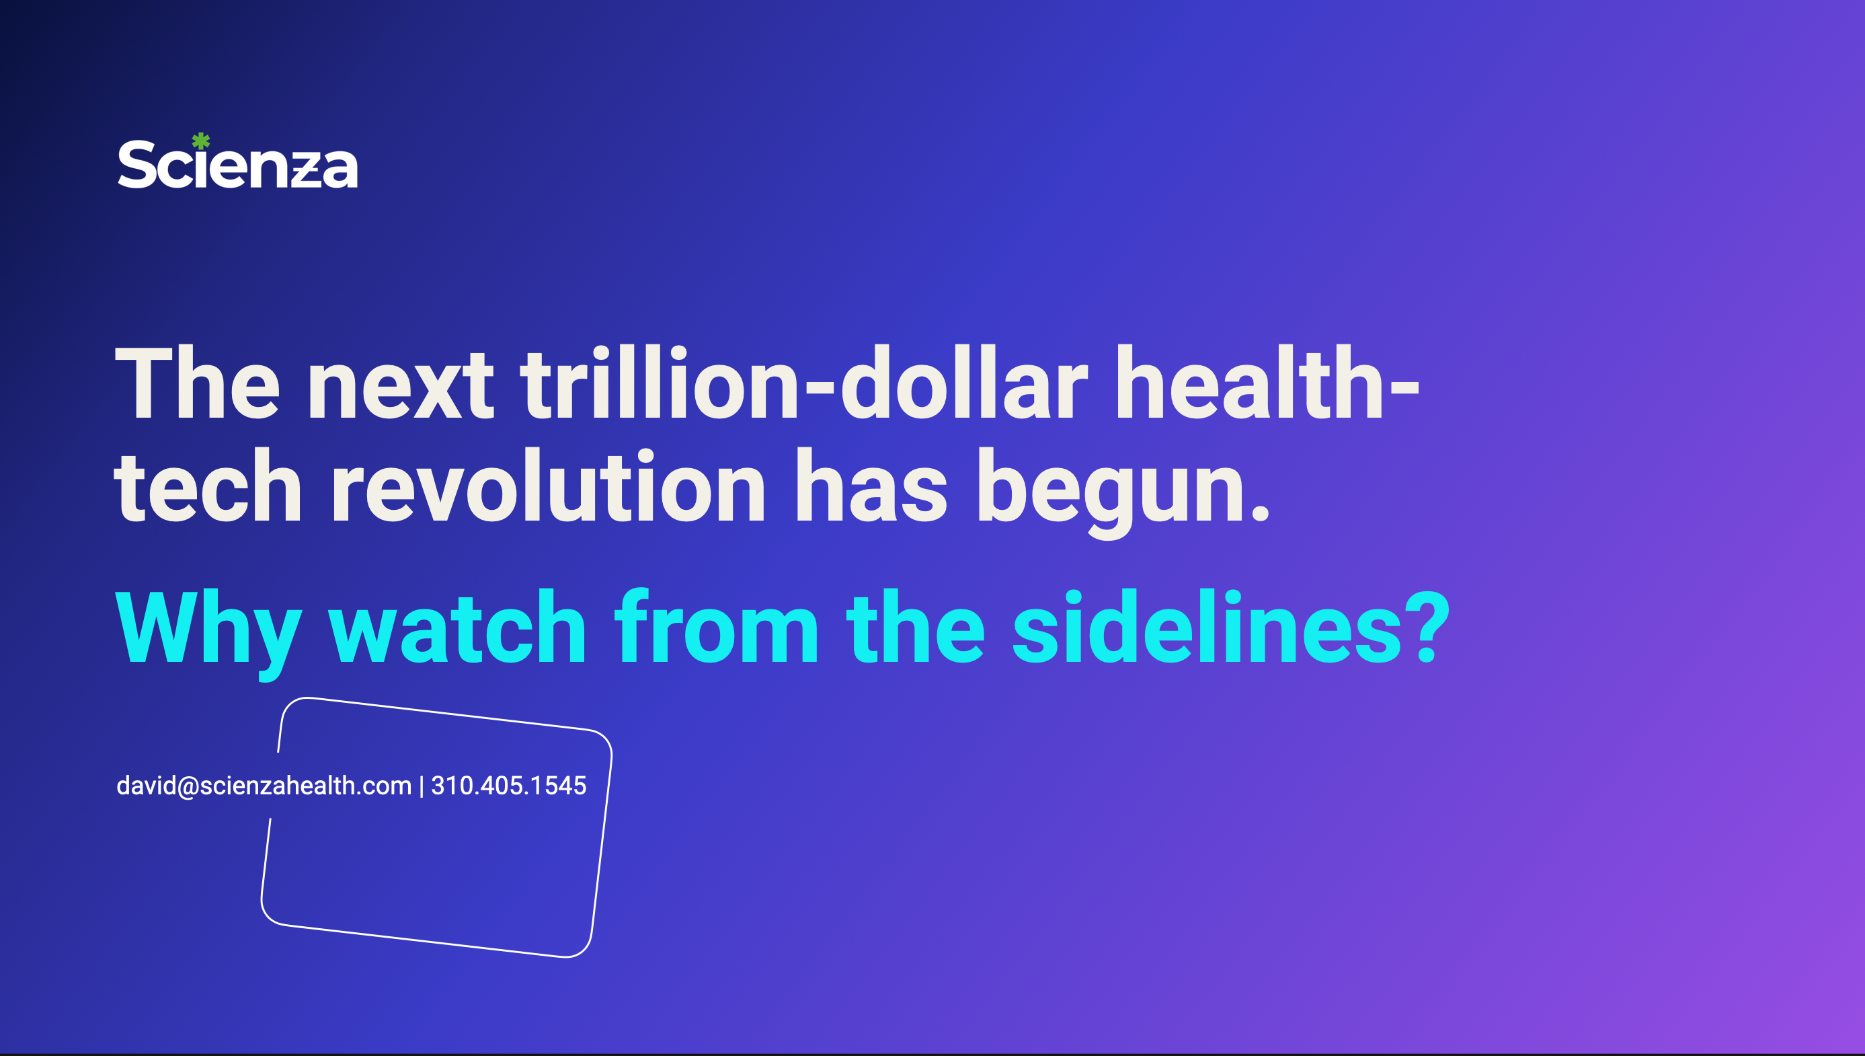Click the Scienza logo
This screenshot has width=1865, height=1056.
pos(238,164)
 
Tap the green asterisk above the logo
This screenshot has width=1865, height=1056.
pos(201,141)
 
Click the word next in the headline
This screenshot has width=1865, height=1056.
pos(401,384)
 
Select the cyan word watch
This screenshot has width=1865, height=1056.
pos(457,628)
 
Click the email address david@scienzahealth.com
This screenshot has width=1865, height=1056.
pos(264,786)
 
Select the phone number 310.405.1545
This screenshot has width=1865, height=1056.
pos(509,786)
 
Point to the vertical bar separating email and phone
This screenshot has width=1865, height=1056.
pos(421,786)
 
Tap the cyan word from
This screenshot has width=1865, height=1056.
pos(716,628)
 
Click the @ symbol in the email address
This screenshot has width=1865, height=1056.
pos(188,786)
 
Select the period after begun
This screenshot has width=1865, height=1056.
pos(1261,513)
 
